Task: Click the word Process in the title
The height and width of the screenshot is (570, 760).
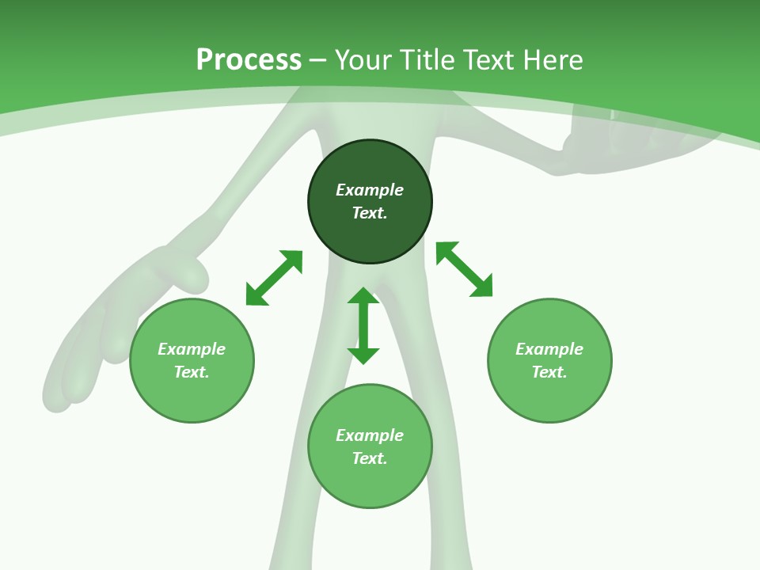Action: [249, 60]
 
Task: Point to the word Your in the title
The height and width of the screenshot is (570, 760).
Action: [363, 59]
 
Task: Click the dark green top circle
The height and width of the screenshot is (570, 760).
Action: [370, 202]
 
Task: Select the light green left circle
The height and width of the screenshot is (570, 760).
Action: [192, 361]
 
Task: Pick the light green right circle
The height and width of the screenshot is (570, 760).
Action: [549, 361]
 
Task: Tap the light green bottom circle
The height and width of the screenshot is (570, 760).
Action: [370, 446]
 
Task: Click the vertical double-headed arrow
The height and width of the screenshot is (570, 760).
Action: [363, 325]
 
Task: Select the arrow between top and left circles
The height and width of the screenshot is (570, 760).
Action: [275, 278]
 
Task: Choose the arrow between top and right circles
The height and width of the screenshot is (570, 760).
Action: [465, 269]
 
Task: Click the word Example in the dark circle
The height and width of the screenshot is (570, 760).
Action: [370, 190]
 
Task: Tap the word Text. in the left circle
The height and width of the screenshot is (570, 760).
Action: [192, 372]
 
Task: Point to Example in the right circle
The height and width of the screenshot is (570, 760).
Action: [549, 349]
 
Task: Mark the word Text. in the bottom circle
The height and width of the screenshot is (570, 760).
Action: [370, 458]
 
